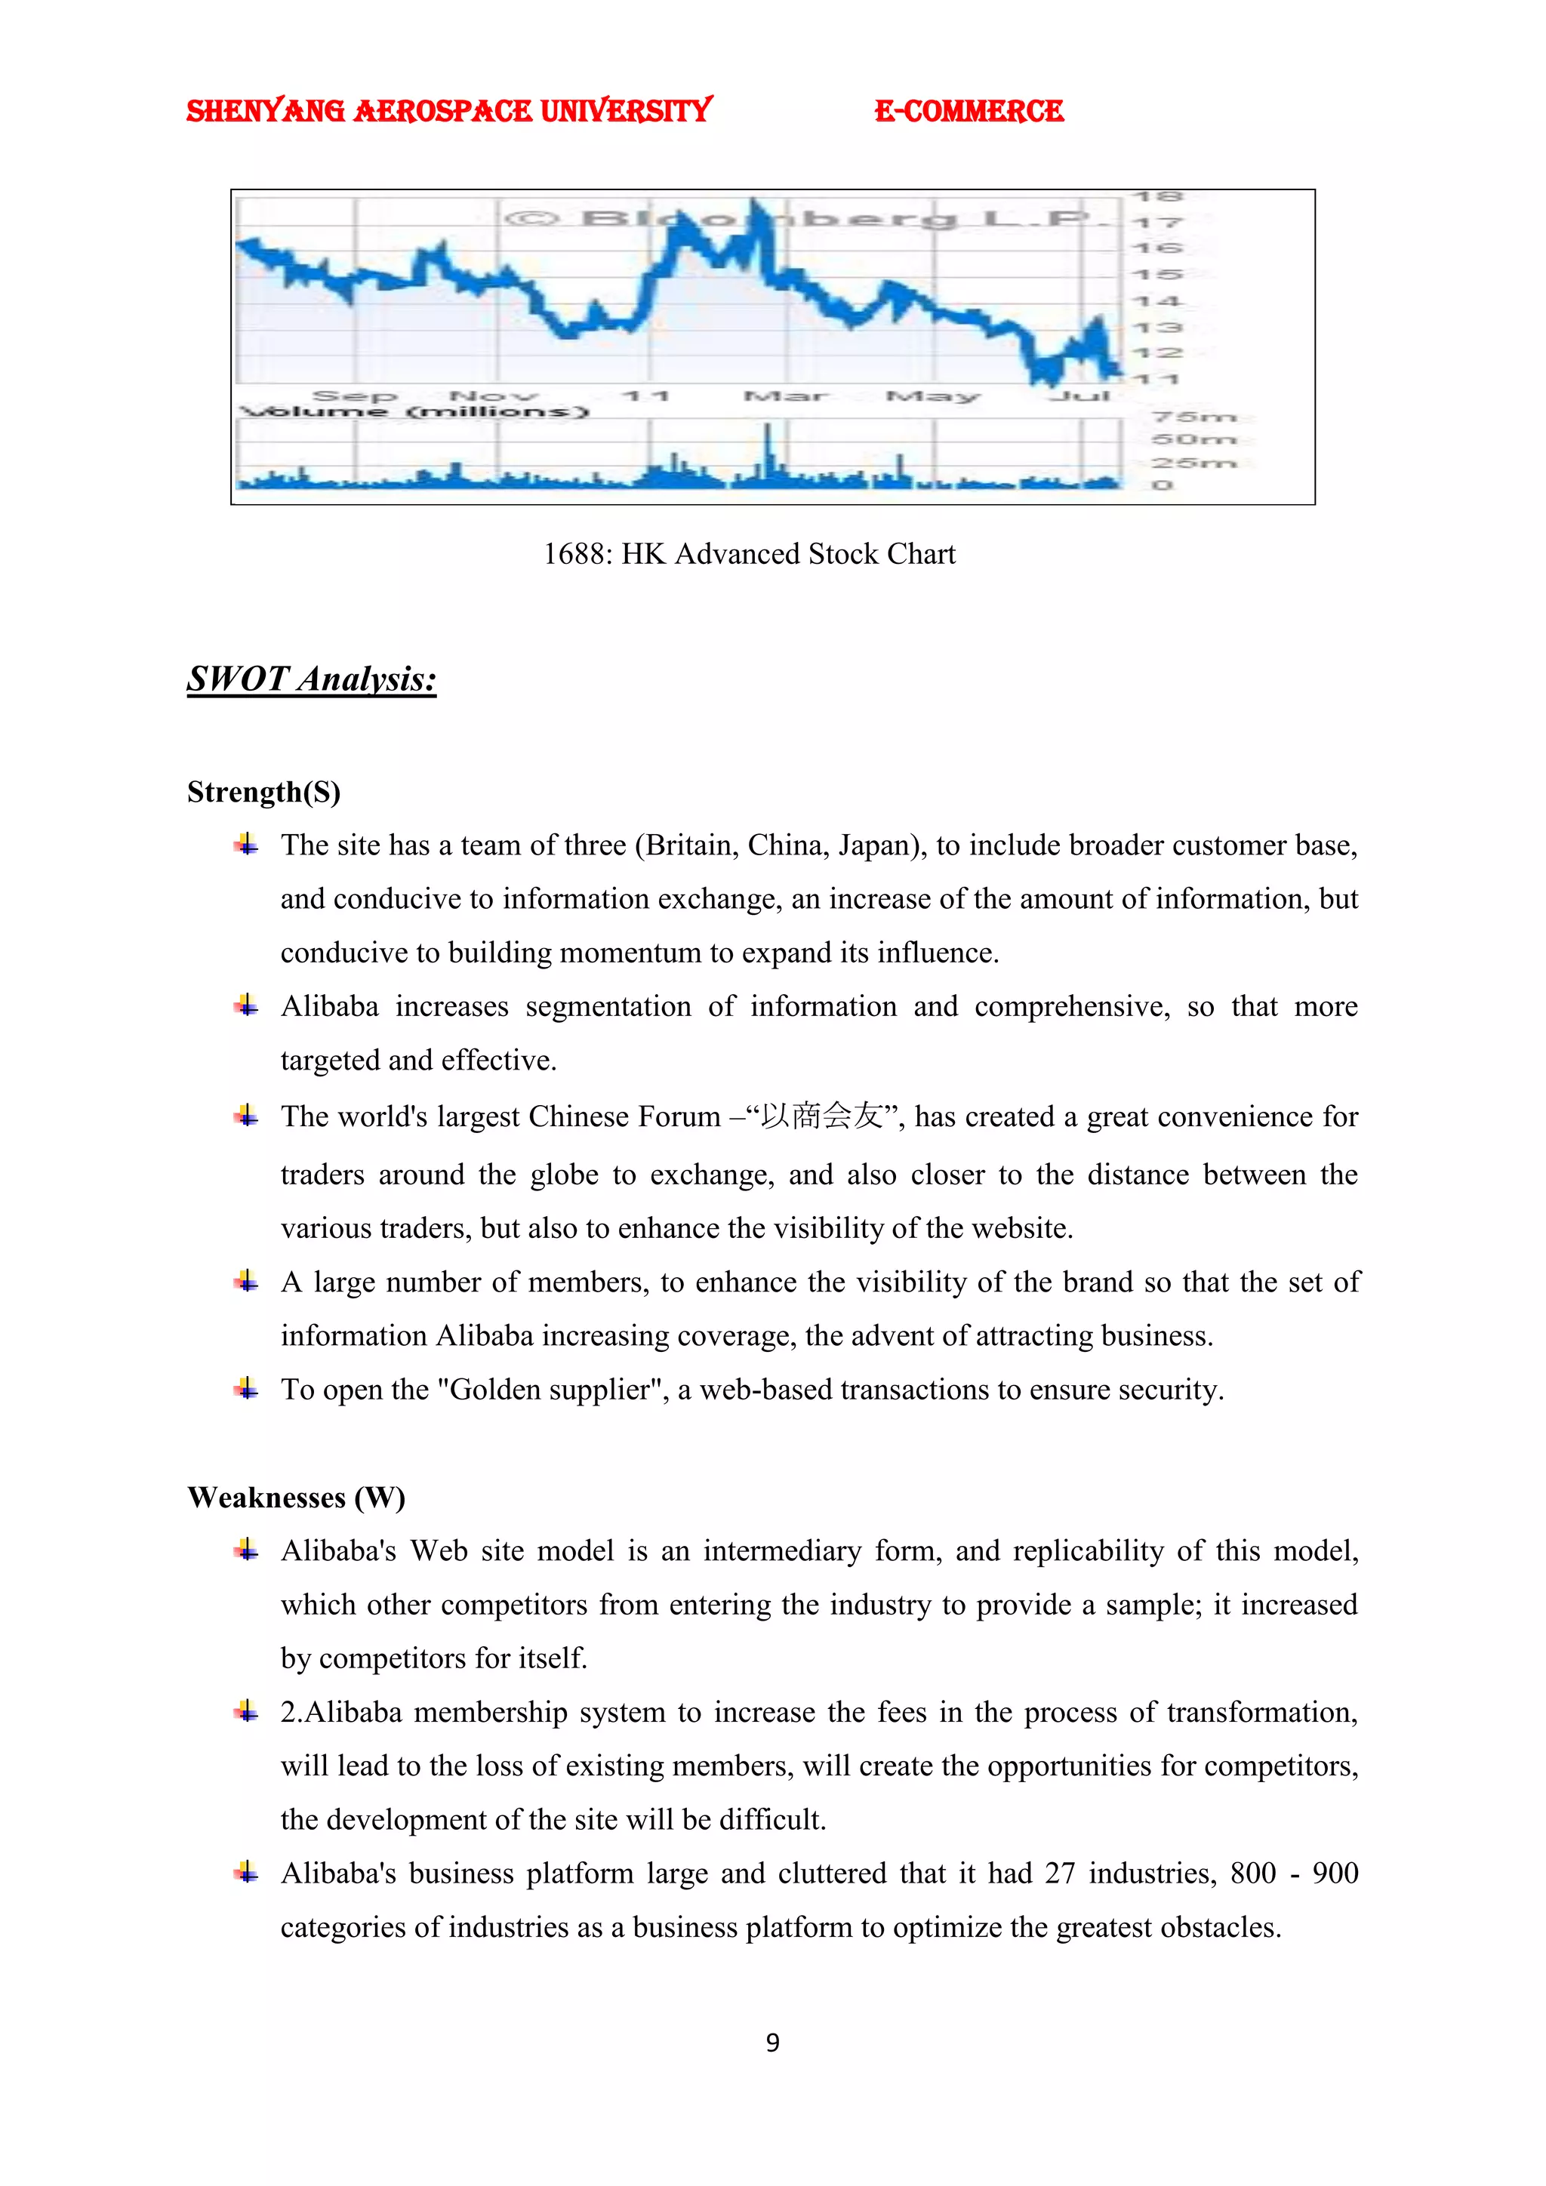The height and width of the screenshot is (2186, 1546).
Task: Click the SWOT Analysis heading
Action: coord(311,679)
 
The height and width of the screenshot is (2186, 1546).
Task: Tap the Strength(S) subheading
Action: coord(263,792)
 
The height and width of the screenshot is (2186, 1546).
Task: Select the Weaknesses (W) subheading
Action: coord(296,1498)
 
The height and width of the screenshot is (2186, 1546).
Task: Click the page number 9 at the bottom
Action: coord(772,2043)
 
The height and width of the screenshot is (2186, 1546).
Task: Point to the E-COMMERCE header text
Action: coord(969,112)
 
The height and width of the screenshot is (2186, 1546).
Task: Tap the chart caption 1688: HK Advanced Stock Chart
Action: coord(749,554)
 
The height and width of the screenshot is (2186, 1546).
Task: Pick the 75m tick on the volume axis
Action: coord(1193,417)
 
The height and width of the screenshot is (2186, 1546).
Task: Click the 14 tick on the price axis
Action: coord(1156,301)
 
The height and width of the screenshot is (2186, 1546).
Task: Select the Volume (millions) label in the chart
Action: coord(416,411)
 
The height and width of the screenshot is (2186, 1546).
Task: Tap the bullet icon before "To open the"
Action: coord(247,1388)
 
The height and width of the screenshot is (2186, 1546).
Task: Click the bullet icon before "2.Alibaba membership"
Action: coord(247,1711)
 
